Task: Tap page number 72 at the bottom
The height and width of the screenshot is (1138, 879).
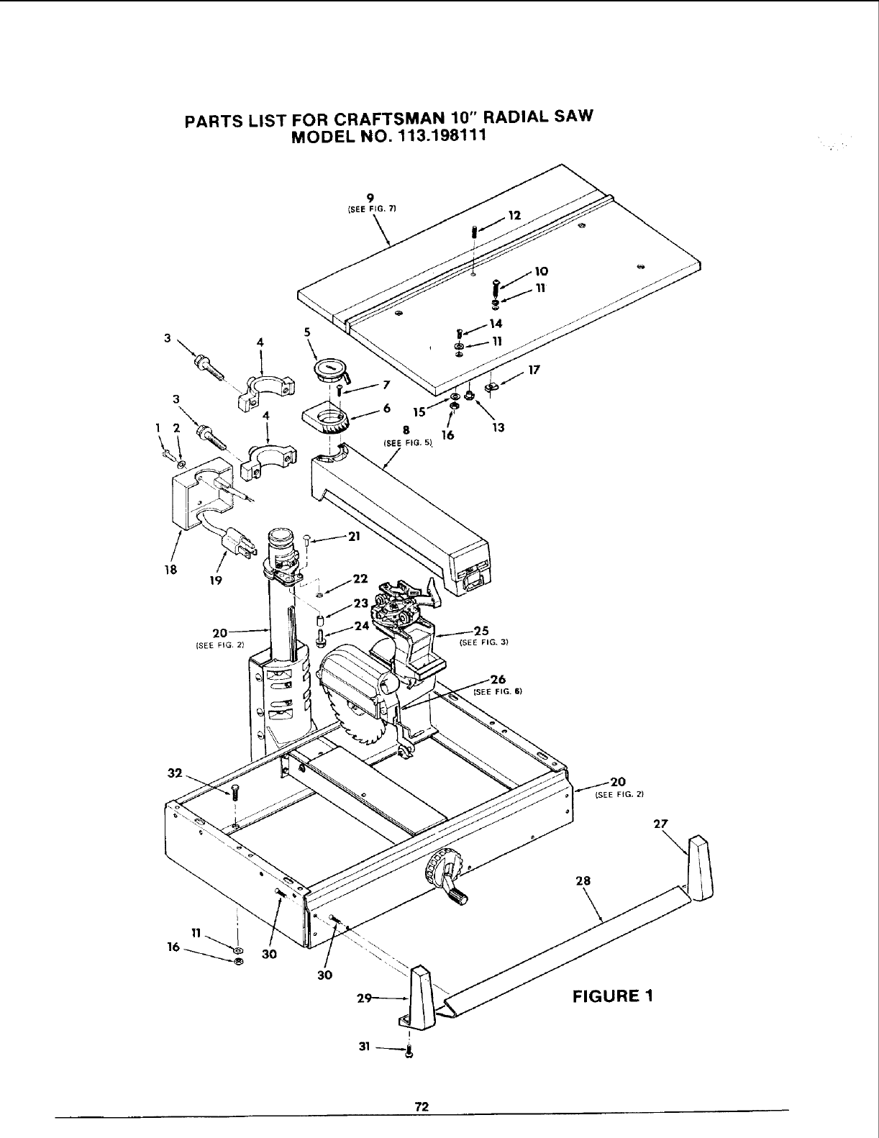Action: click(422, 1107)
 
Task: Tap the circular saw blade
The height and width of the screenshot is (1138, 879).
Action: click(356, 709)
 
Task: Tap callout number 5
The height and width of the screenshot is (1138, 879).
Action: click(306, 332)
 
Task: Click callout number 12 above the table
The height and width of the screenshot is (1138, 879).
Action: click(514, 214)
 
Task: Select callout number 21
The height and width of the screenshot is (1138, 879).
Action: click(354, 536)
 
